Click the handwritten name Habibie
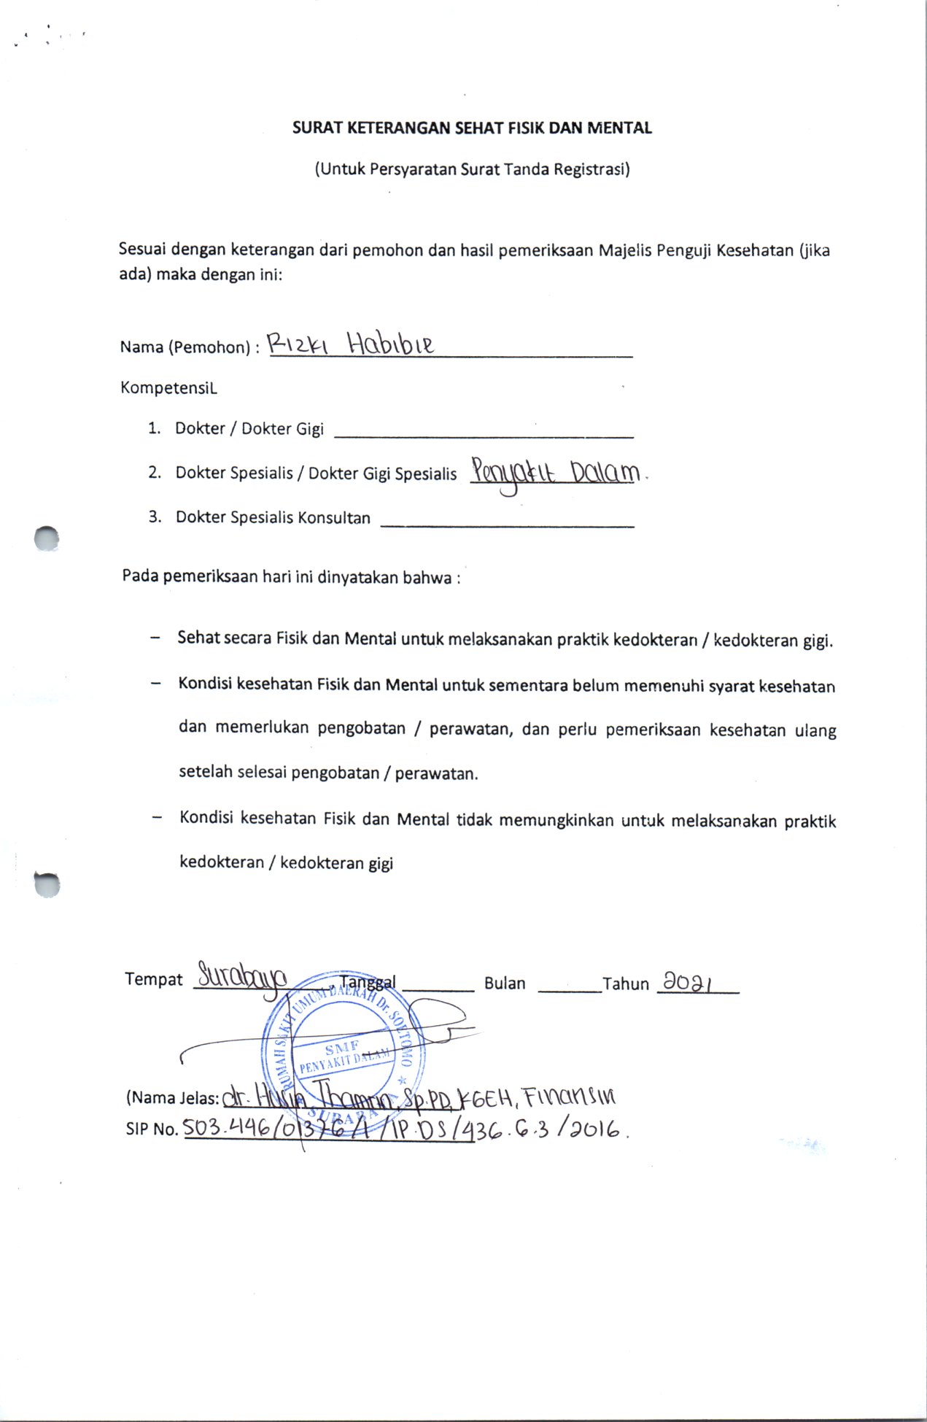pos(390,343)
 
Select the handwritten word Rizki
pos(298,344)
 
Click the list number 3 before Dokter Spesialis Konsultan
pos(155,517)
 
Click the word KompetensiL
pos(168,387)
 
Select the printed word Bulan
pos(505,984)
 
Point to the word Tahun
pos(626,984)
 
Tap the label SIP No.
pos(152,1129)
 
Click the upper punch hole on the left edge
pos(47,538)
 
